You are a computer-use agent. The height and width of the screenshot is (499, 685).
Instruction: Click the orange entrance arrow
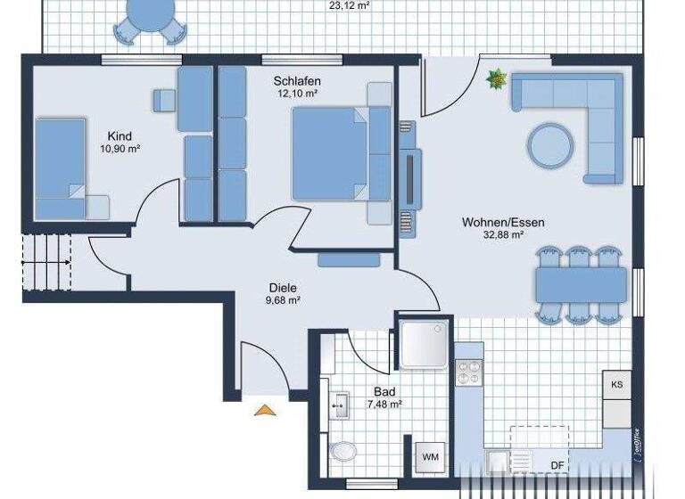[264, 410]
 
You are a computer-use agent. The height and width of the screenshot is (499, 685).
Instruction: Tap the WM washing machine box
[431, 457]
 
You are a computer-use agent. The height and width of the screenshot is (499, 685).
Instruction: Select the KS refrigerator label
[616, 385]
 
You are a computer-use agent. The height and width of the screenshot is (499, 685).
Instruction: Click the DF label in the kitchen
[557, 465]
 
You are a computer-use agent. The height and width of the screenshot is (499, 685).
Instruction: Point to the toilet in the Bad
[342, 452]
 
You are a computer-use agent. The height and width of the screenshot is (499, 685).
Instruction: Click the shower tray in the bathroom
[425, 345]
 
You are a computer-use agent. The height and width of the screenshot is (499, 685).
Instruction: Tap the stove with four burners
[469, 372]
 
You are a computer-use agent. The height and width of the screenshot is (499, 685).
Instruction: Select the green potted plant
[495, 80]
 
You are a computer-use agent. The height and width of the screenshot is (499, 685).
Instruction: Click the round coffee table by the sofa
[550, 144]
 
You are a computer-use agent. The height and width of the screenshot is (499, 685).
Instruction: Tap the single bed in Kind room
[62, 169]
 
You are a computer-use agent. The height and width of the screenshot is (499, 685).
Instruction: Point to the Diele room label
[282, 288]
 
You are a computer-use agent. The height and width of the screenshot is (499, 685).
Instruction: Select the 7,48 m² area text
[384, 404]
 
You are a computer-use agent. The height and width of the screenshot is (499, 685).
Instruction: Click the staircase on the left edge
[46, 261]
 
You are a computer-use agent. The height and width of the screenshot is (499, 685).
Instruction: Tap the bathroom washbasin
[340, 406]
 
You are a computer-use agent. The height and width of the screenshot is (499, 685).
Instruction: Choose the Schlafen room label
[297, 81]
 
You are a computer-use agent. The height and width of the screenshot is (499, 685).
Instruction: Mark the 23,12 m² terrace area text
[350, 5]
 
